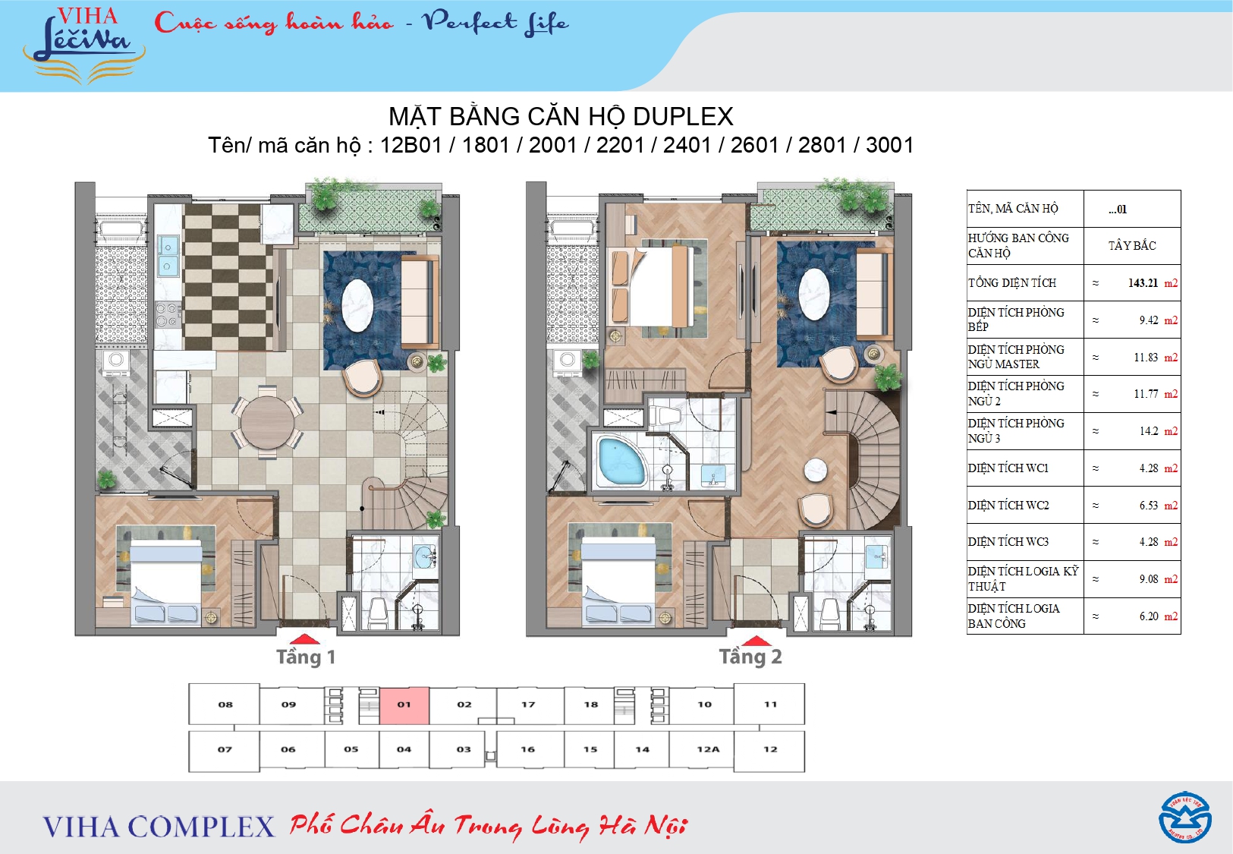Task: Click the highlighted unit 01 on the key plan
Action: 404,705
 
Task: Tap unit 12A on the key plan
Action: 707,749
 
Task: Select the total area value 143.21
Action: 1143,283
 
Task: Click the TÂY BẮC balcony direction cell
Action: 1132,245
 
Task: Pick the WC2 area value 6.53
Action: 1148,506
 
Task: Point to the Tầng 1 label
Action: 306,657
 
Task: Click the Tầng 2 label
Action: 750,657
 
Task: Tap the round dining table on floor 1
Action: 267,422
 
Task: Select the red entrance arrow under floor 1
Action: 305,639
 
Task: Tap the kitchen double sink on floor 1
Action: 168,256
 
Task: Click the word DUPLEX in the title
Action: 683,117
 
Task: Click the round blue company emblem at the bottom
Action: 1184,818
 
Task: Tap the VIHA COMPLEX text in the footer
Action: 159,827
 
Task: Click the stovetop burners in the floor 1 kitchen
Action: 166,315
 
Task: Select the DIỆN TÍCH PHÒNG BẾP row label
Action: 1016,320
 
